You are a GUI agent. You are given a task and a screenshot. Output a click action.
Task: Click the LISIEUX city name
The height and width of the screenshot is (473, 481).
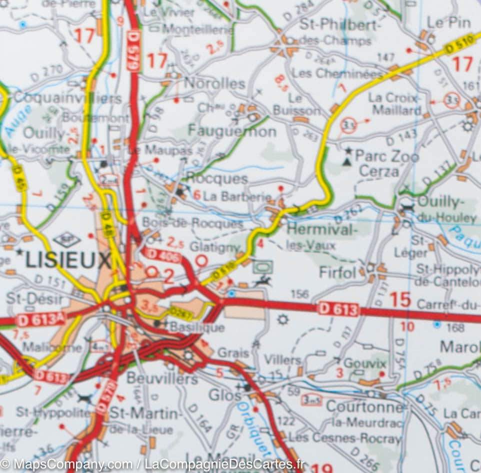[68, 260]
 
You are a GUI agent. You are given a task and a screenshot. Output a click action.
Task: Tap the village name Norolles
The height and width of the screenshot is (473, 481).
[214, 83]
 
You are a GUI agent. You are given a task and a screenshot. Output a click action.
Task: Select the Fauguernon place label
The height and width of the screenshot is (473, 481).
[232, 132]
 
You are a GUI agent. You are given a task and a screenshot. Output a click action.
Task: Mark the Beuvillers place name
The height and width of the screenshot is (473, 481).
[161, 378]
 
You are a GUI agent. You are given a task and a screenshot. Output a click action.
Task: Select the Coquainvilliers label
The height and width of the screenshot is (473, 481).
[67, 98]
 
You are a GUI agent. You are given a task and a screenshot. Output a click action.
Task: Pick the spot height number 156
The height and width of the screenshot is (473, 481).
[299, 294]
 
